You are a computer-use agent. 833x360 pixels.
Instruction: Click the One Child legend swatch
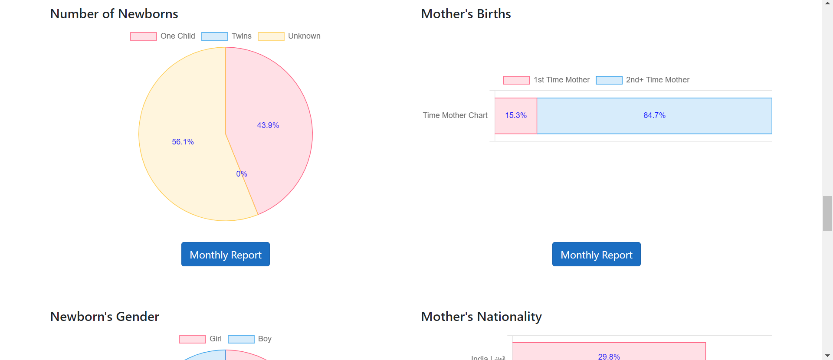pos(144,36)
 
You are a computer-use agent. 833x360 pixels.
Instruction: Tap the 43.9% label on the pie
pos(268,125)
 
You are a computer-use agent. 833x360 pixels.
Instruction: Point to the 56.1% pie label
pos(183,142)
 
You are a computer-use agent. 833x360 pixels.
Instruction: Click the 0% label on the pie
pos(242,174)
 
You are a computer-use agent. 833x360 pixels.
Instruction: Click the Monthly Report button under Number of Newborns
pos(225,255)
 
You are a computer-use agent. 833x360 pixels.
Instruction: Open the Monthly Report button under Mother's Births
pos(596,255)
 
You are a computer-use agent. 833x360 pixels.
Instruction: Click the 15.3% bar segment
pos(516,116)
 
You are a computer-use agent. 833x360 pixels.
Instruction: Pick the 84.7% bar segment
pos(654,116)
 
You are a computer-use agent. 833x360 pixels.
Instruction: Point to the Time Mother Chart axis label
pos(455,115)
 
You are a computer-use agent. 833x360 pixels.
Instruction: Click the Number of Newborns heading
pos(114,14)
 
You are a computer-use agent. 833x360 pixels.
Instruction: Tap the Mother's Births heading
pos(466,14)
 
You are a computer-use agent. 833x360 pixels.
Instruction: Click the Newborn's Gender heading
pos(105,317)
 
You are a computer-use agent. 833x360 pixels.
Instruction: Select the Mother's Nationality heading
pos(481,317)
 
